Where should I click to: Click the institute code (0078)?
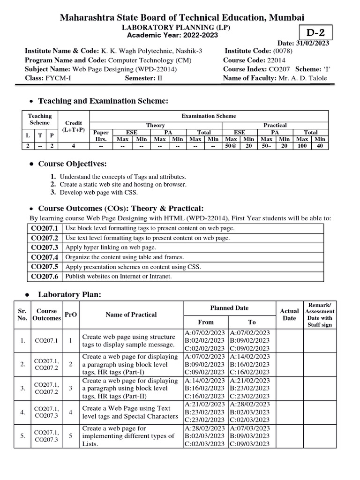(285, 51)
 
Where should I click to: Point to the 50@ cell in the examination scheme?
(231, 146)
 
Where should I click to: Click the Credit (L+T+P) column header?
(73, 126)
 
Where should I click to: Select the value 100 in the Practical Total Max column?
(302, 146)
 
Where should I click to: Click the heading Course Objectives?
(72, 164)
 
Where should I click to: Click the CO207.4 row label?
(45, 257)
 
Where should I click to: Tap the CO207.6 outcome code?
(45, 277)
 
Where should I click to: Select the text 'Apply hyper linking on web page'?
(110, 247)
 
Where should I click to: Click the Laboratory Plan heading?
(69, 294)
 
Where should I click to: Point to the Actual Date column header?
(289, 315)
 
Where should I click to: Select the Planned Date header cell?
(229, 308)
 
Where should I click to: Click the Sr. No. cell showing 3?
(22, 388)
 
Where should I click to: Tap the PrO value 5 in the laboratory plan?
(70, 436)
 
